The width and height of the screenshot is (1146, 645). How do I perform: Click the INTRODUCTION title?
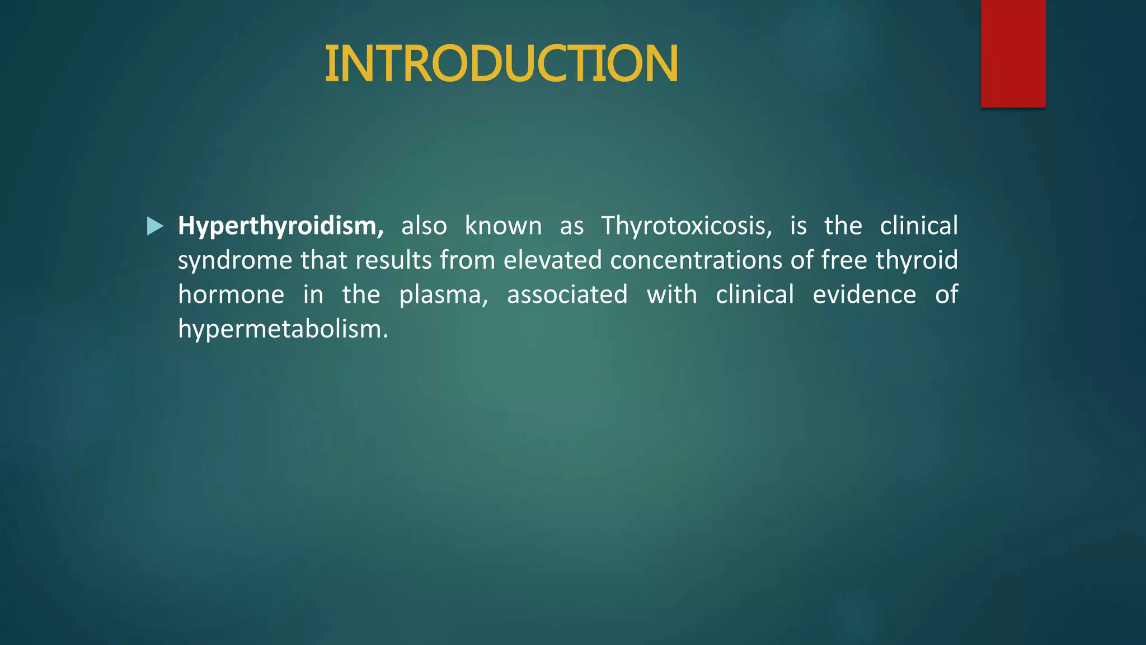[501, 64]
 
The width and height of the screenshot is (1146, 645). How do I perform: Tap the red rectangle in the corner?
[1013, 54]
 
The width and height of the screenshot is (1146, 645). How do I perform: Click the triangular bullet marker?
[154, 226]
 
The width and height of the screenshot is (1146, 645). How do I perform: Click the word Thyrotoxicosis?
[686, 226]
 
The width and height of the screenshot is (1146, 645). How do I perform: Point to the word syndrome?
[235, 261]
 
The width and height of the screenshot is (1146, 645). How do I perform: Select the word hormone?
[231, 295]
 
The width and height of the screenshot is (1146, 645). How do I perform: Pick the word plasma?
[443, 295]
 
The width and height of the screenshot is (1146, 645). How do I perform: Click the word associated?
[567, 295]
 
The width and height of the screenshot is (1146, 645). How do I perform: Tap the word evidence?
[864, 295]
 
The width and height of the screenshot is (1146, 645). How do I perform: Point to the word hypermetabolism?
[283, 329]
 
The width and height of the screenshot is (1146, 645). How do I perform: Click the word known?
[503, 226]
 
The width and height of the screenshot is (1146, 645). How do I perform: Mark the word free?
[844, 260]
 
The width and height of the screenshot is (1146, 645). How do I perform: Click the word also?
[424, 226]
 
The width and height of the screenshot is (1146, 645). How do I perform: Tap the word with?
[671, 295]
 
